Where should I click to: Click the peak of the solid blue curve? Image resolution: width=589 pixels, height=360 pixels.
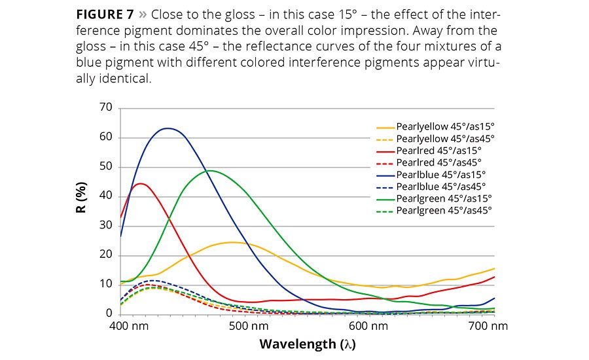coord(168,128)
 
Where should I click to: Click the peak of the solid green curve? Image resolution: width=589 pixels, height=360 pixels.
coord(209,171)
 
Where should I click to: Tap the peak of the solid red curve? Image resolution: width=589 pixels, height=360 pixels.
coord(140,183)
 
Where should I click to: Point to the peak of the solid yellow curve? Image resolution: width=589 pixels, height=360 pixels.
coord(233,242)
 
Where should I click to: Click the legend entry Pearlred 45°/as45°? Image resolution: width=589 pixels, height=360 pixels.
coord(438,162)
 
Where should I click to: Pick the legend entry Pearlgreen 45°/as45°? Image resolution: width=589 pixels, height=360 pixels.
coord(444,210)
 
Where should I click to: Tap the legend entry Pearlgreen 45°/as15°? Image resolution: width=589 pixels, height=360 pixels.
coord(444,198)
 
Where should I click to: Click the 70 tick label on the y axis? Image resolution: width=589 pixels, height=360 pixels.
coord(105,107)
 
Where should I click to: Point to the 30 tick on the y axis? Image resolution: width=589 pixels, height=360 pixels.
coord(105,225)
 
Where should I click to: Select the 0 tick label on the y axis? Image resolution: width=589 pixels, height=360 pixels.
coord(109,314)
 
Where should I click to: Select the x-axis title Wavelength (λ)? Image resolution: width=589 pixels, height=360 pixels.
coord(307,344)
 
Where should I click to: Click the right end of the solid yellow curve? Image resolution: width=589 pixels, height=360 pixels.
coord(494,268)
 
